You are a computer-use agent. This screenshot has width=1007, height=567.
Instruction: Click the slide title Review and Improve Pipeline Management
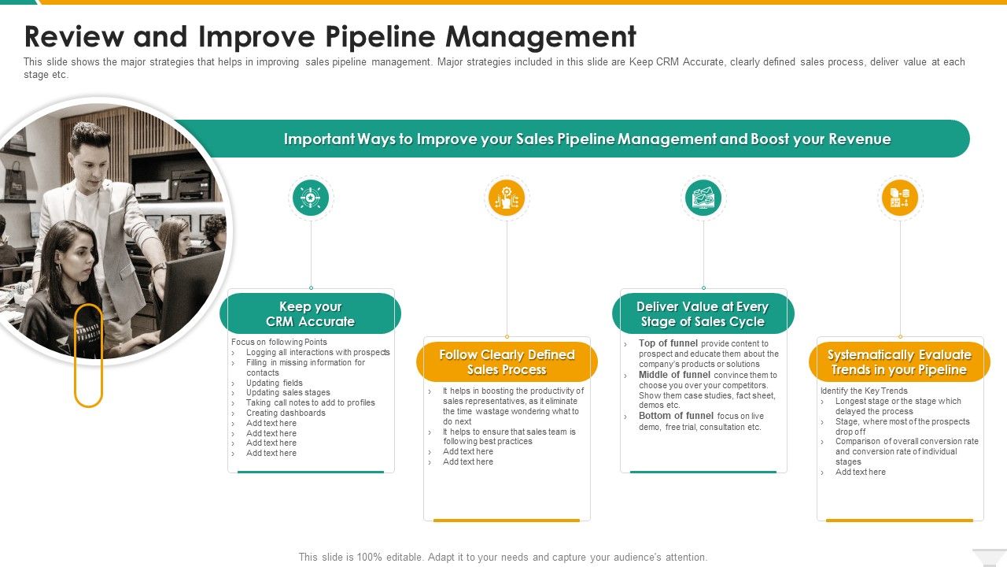[x=330, y=37]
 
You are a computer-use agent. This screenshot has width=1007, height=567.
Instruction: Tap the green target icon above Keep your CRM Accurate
[x=311, y=198]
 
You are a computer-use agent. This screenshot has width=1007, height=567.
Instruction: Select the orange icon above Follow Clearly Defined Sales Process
[x=507, y=198]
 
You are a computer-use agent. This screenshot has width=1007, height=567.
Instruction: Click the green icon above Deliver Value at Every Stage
[x=703, y=198]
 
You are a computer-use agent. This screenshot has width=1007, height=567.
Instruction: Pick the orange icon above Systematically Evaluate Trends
[x=899, y=198]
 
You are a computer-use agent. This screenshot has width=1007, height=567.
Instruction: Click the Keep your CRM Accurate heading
[x=310, y=314]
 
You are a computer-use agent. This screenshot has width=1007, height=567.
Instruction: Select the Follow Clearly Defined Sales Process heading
[x=507, y=362]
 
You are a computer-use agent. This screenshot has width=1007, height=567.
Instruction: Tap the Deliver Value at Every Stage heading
[x=703, y=314]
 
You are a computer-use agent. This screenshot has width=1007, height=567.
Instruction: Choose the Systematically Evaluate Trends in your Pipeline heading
[x=899, y=362]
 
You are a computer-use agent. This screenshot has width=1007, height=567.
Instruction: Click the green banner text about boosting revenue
[x=587, y=139]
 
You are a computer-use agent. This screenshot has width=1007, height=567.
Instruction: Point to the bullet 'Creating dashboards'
[x=286, y=413]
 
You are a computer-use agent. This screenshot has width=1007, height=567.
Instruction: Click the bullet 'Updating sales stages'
[x=288, y=392]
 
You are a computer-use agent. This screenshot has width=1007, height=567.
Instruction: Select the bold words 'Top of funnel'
[x=668, y=343]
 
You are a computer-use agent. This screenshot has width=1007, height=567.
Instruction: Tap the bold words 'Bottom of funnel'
[x=676, y=416]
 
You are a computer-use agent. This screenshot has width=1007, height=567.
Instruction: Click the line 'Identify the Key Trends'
[x=864, y=391]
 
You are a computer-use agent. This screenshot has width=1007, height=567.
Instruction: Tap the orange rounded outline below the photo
[x=88, y=355]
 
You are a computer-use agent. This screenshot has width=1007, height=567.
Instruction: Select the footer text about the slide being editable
[x=503, y=557]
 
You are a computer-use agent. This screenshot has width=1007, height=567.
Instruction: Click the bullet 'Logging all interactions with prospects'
[x=318, y=352]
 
